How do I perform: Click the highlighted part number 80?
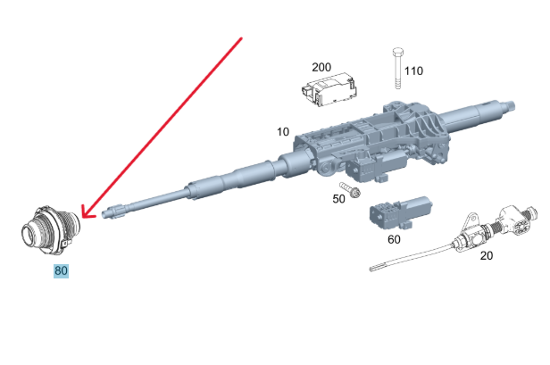coord(61,270)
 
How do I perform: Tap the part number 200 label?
coord(321,67)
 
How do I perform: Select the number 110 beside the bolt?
coord(413,71)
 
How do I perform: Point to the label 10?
coord(283,132)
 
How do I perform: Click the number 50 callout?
coord(338,199)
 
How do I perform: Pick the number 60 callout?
coord(394,239)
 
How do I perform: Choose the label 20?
coord(486,255)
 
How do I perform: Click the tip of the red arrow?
coord(82,217)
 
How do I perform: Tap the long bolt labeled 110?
coord(398,69)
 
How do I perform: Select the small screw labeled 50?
coord(350,189)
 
